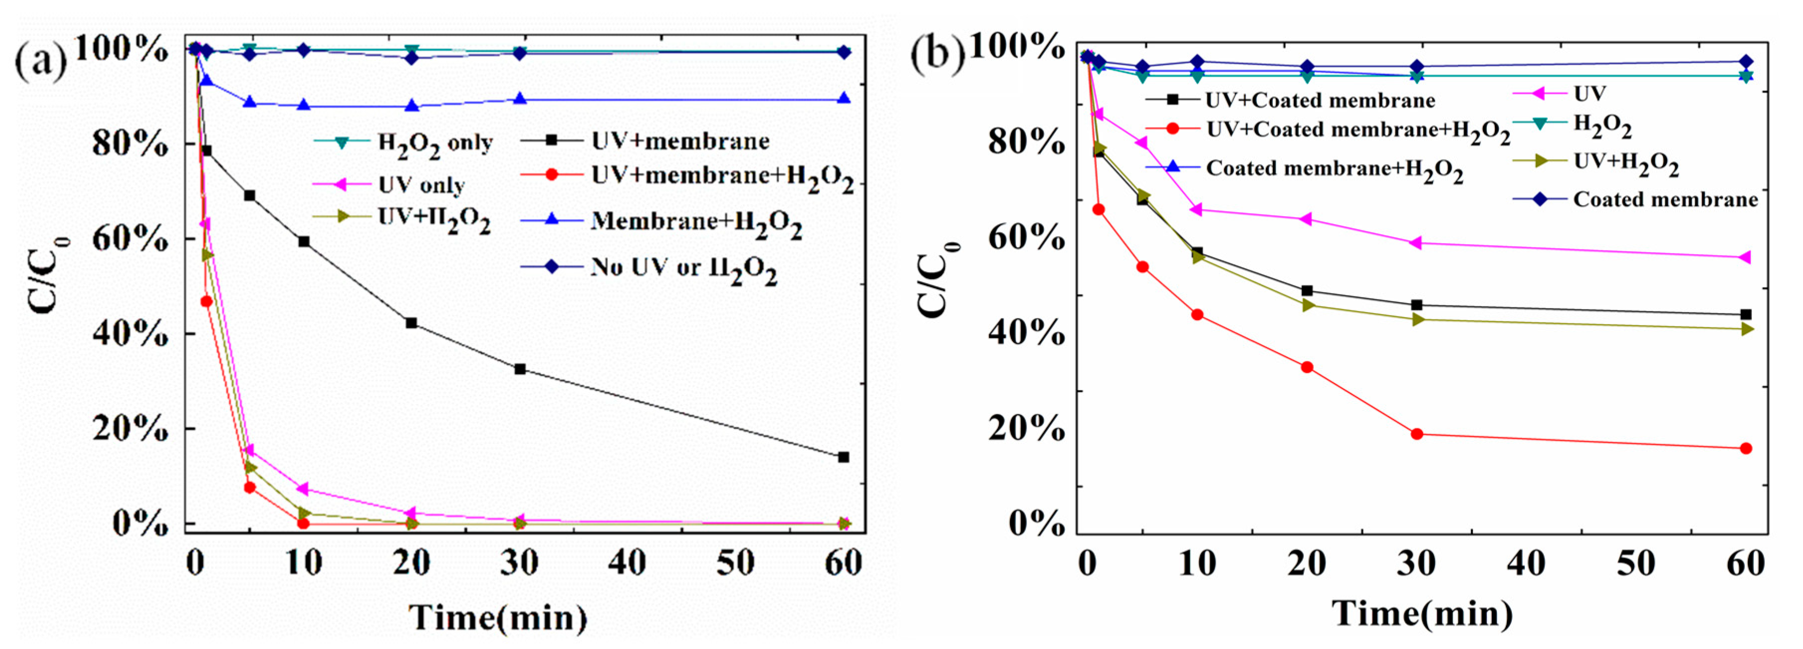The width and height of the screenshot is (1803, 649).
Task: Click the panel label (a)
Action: click(x=41, y=62)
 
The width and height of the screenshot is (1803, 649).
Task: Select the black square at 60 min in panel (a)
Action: click(x=843, y=457)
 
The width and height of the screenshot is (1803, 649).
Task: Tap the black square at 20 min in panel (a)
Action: click(x=412, y=323)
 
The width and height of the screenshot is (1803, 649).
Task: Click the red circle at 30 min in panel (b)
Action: click(x=1417, y=434)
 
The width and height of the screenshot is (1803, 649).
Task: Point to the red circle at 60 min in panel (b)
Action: click(x=1746, y=448)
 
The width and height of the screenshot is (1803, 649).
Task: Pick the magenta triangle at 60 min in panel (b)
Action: click(x=1746, y=258)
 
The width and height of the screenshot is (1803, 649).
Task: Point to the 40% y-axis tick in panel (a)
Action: click(x=129, y=334)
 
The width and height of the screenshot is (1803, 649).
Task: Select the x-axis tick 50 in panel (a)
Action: click(x=735, y=562)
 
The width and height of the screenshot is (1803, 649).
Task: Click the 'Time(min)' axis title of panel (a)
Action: click(x=498, y=618)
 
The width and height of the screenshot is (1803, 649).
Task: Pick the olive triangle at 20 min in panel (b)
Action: click(x=1307, y=305)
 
